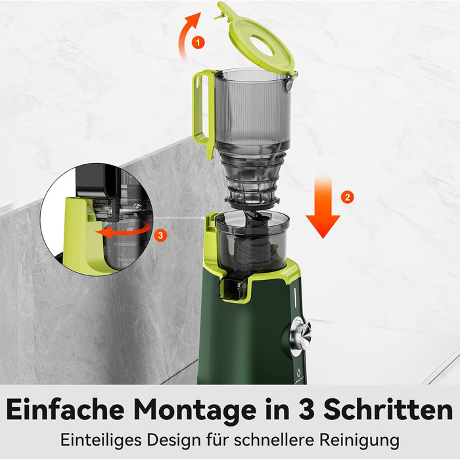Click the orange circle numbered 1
click(197, 41)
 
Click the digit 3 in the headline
click(304, 410)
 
